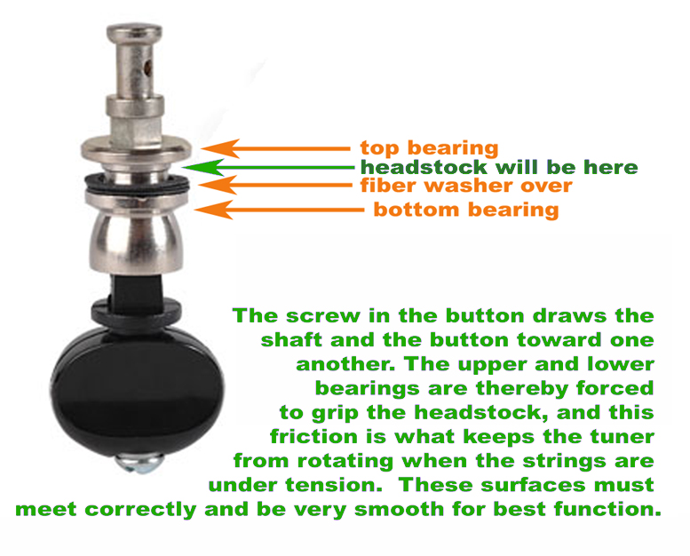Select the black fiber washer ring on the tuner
134,183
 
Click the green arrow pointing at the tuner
266,167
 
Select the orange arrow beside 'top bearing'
275,148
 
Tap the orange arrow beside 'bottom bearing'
280,210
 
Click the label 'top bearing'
429,148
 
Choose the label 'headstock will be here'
498,167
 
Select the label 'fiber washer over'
465,186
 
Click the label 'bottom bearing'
465,210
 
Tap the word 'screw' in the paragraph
322,316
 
